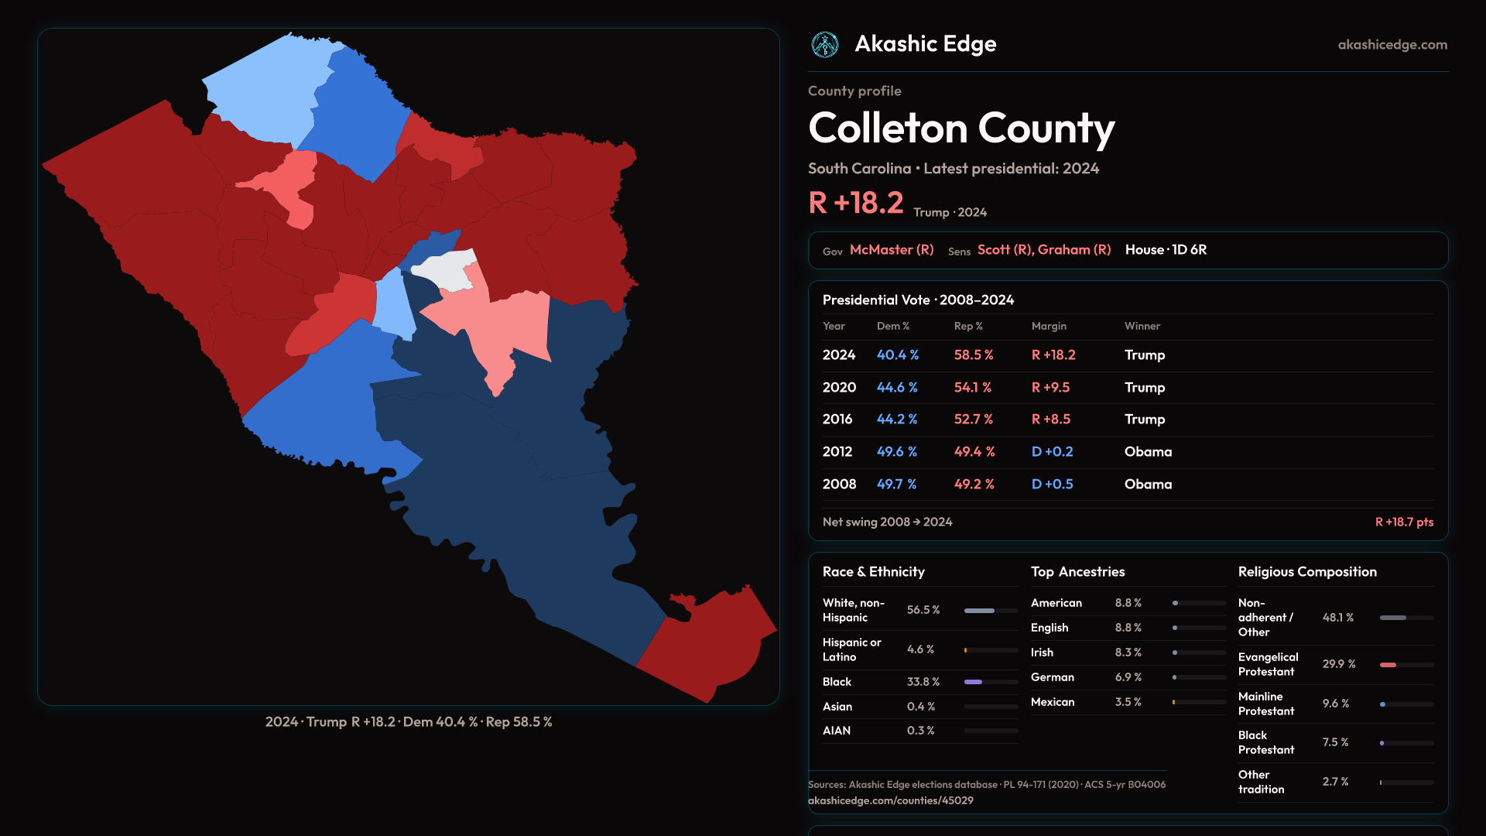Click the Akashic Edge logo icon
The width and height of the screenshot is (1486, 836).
pyautogui.click(x=824, y=45)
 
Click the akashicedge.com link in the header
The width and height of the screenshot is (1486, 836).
pyautogui.click(x=1392, y=45)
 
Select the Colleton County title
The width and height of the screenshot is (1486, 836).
pyautogui.click(x=961, y=128)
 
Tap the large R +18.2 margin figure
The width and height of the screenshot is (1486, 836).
pyautogui.click(x=856, y=203)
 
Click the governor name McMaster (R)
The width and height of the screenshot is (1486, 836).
pyautogui.click(x=892, y=250)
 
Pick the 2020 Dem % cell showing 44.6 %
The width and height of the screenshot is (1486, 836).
pyautogui.click(x=897, y=387)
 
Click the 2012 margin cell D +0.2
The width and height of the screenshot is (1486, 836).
pyautogui.click(x=1052, y=451)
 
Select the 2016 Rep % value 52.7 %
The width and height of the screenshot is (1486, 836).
pyautogui.click(x=973, y=419)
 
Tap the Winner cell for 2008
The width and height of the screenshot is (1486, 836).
pyautogui.click(x=1148, y=484)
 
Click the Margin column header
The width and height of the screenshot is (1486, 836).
pyautogui.click(x=1049, y=326)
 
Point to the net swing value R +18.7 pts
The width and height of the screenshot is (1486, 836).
pyautogui.click(x=1404, y=522)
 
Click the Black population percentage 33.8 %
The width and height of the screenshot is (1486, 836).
pyautogui.click(x=923, y=682)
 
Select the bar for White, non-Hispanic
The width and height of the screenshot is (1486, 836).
pyautogui.click(x=991, y=611)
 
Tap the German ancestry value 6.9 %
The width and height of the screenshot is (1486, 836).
pyautogui.click(x=1128, y=677)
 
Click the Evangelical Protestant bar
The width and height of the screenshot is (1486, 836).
pyautogui.click(x=1406, y=665)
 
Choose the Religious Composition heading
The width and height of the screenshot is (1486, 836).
pyautogui.click(x=1307, y=572)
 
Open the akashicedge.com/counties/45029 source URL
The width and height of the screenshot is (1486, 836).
pyautogui.click(x=890, y=800)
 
